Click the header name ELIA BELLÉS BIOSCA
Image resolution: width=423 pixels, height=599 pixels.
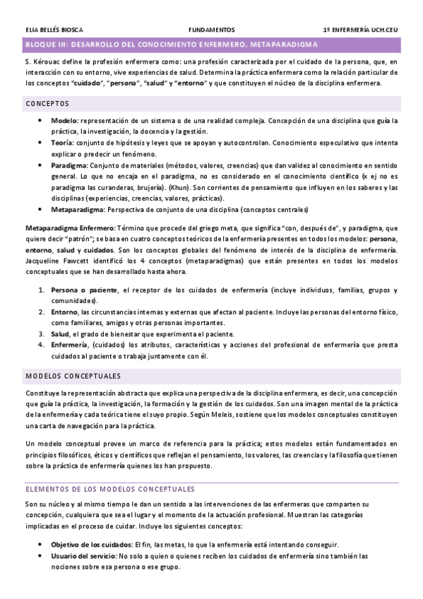pyautogui.click(x=54, y=30)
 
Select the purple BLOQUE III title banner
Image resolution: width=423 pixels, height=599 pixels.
pyautogui.click(x=211, y=45)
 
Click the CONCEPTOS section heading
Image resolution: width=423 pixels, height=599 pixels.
pyautogui.click(x=47, y=104)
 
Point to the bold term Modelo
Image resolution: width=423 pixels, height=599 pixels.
pyautogui.click(x=64, y=120)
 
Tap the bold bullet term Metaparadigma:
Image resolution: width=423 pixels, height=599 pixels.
pyautogui.click(x=78, y=210)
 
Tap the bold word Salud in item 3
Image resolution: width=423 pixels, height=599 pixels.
pyautogui.click(x=60, y=334)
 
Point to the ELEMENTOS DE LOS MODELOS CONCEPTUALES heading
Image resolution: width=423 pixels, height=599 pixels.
pyautogui.click(x=109, y=490)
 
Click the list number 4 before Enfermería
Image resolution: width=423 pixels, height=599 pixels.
pyautogui.click(x=41, y=345)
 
